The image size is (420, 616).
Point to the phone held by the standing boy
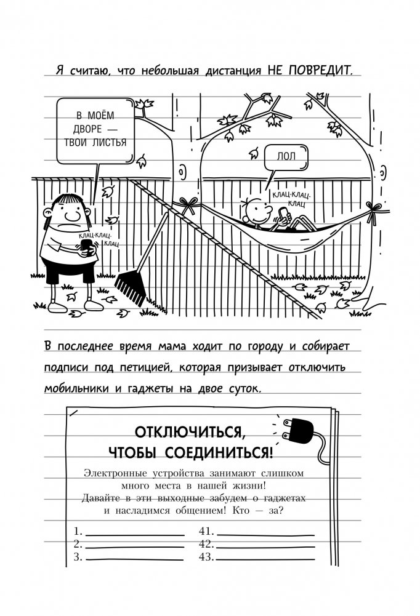click(x=86, y=246)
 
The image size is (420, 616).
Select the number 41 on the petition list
click(x=205, y=530)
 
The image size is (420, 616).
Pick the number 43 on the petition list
click(x=205, y=558)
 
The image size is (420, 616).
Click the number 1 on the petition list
click(x=77, y=530)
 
